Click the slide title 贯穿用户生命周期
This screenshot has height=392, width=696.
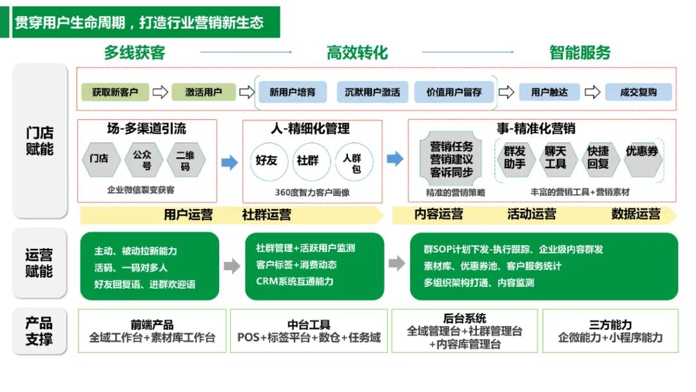(x=139, y=22)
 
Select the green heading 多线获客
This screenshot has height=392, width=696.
(x=135, y=52)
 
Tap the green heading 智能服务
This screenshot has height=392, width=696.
(x=579, y=52)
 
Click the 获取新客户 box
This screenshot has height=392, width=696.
(x=115, y=92)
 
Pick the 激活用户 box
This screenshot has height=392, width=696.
(x=203, y=92)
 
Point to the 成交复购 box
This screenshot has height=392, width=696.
(x=638, y=92)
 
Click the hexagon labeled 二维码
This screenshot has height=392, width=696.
(x=186, y=161)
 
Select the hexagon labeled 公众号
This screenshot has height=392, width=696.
(x=142, y=161)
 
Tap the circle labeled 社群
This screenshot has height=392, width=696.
(x=307, y=161)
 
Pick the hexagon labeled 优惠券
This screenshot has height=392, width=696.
(x=642, y=152)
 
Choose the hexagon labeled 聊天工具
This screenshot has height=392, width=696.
(x=555, y=158)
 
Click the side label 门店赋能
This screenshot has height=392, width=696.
(x=40, y=141)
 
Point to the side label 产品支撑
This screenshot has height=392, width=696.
(x=39, y=331)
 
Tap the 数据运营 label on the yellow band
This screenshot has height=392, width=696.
(x=635, y=214)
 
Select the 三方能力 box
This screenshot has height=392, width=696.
(x=610, y=331)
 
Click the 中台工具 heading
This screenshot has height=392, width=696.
(x=309, y=325)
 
